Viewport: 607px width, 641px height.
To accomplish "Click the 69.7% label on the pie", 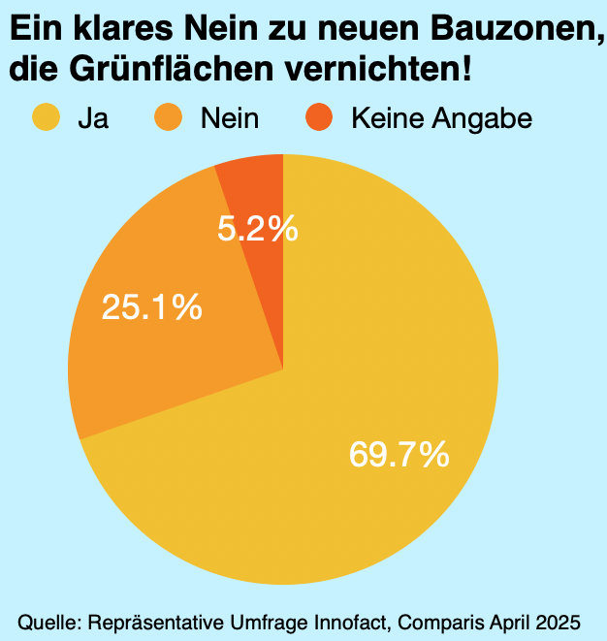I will (x=399, y=454).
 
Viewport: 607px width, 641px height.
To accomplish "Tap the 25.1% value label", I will (x=152, y=307).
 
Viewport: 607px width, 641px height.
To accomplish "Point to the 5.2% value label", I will (x=257, y=230).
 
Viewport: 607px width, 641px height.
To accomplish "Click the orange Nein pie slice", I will (x=165, y=369).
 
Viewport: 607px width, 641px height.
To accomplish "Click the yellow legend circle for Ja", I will (x=47, y=118).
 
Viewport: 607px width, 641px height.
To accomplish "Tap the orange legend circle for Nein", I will (x=169, y=118).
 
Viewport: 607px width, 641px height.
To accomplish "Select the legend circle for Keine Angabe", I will (x=319, y=118).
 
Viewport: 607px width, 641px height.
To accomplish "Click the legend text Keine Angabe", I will (x=441, y=119).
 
